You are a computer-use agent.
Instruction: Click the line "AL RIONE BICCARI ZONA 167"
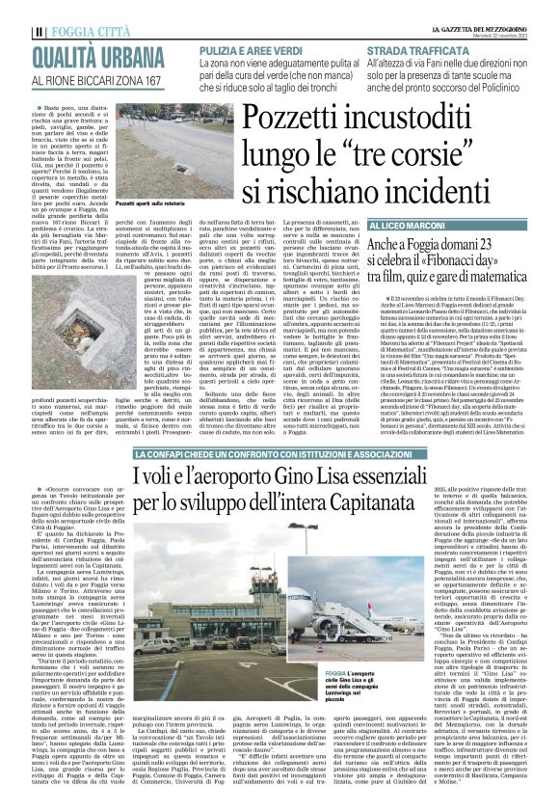click(x=92, y=78)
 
